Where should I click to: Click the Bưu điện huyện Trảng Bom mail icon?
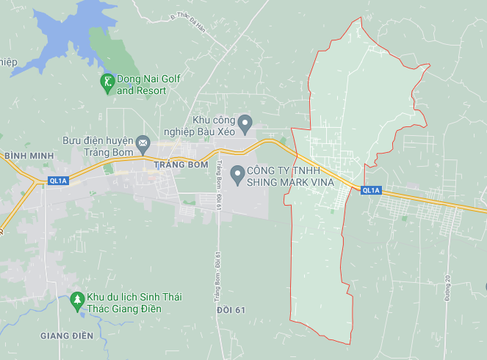point(143,141)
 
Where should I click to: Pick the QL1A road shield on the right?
point(371,190)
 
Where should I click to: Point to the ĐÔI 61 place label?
point(231,311)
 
